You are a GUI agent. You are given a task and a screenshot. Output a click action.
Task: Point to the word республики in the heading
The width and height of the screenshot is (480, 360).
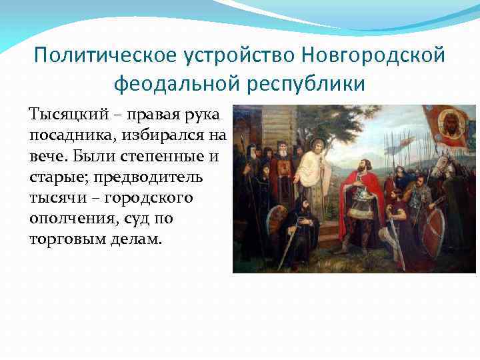(x=309, y=85)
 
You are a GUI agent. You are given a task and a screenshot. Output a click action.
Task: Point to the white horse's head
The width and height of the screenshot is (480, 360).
(x=443, y=167)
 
